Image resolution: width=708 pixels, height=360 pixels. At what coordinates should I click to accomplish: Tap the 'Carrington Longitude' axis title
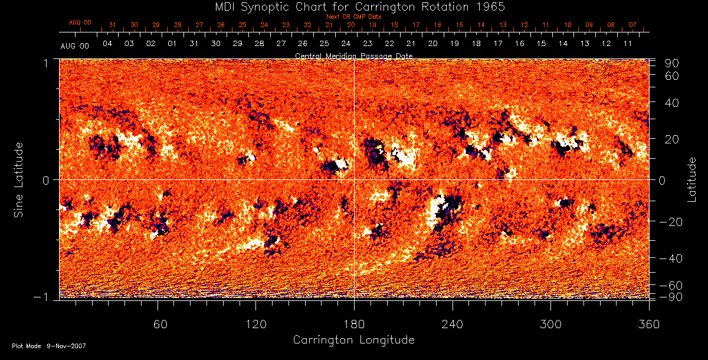pyautogui.click(x=353, y=340)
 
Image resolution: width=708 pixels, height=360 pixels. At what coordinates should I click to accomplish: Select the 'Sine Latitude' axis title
pyautogui.click(x=19, y=179)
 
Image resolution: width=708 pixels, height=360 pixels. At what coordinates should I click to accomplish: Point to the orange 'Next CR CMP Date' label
pyautogui.click(x=354, y=17)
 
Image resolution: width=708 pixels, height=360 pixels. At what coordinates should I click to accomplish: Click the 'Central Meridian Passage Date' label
pyautogui.click(x=354, y=55)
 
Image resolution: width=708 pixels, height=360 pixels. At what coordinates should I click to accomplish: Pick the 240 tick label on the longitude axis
pyautogui.click(x=453, y=325)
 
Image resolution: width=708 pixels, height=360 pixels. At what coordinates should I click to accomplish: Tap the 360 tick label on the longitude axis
pyautogui.click(x=649, y=325)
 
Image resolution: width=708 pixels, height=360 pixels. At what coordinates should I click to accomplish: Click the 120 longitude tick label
pyautogui.click(x=255, y=325)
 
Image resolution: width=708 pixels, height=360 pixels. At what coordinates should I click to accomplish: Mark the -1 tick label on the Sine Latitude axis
pyautogui.click(x=45, y=297)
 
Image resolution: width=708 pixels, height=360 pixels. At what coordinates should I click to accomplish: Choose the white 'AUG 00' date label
pyautogui.click(x=75, y=46)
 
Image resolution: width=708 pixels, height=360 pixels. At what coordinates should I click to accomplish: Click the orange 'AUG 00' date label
pyautogui.click(x=80, y=22)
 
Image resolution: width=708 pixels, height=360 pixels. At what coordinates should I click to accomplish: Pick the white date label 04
pyautogui.click(x=107, y=44)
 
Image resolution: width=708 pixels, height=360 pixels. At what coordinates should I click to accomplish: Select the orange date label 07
pyautogui.click(x=632, y=25)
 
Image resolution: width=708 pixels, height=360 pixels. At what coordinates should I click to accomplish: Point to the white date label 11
pyautogui.click(x=627, y=44)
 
